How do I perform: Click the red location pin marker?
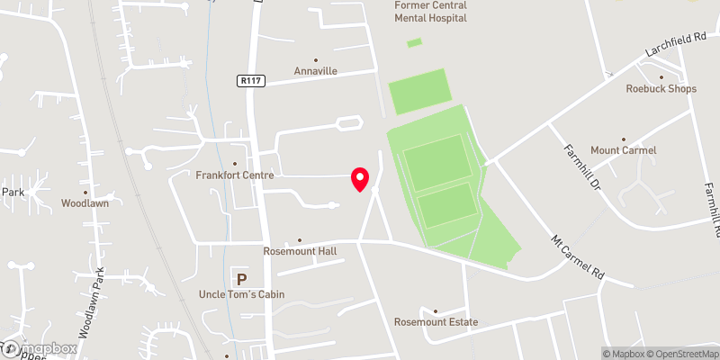point(360,179)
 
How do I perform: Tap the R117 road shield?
point(251,81)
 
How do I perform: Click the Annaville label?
point(316,71)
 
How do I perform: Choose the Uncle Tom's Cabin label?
point(240,294)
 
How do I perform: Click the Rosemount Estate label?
point(436,322)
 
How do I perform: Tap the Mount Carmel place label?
point(623,149)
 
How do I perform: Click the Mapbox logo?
point(40,348)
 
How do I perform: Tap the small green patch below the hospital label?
point(414,42)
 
